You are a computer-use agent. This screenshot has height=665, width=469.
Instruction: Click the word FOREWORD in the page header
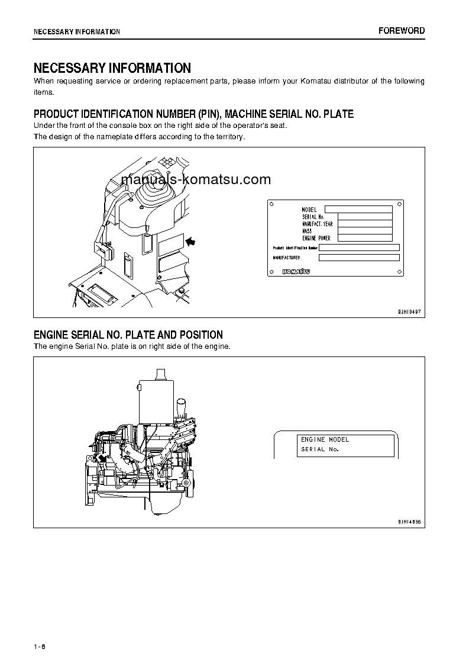click(402, 31)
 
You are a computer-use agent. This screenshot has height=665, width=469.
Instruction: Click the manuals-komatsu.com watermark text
click(196, 179)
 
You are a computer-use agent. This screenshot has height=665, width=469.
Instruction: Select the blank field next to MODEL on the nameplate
click(358, 209)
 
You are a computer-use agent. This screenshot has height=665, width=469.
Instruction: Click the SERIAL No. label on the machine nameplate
click(313, 217)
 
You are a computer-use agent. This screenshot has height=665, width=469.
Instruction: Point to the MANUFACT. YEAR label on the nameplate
click(317, 224)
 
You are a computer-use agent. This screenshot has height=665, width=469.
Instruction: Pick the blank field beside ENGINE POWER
click(365, 237)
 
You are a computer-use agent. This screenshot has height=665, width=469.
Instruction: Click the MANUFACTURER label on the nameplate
click(286, 258)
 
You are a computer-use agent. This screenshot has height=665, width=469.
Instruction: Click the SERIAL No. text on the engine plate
click(319, 449)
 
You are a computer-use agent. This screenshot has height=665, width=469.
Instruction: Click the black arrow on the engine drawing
click(102, 458)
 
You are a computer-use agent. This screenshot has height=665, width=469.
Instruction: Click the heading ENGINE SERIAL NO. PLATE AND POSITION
click(128, 335)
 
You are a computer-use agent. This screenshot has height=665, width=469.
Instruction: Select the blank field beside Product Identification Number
click(359, 248)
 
